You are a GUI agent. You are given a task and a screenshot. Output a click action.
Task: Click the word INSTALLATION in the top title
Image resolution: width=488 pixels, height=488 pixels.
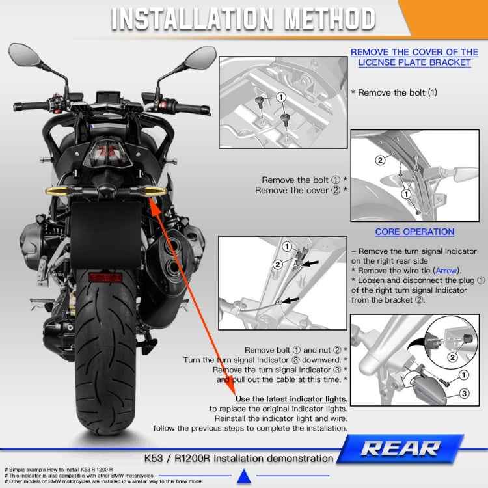coord(180,19)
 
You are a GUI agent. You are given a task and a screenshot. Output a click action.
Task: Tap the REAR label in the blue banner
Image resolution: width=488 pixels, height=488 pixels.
coord(410,448)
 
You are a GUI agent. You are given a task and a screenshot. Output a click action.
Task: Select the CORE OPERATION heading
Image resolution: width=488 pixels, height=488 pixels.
coord(414,232)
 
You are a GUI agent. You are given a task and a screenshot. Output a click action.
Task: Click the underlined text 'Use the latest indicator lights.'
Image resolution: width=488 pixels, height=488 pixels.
coord(291,398)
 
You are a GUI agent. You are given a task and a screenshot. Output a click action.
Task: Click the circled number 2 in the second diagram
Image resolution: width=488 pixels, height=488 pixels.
coord(380,160)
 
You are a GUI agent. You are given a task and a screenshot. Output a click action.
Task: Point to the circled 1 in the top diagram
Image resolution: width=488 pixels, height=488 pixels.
coord(281,96)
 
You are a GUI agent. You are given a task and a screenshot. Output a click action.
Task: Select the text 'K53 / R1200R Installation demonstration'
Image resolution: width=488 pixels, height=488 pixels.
coord(239,458)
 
